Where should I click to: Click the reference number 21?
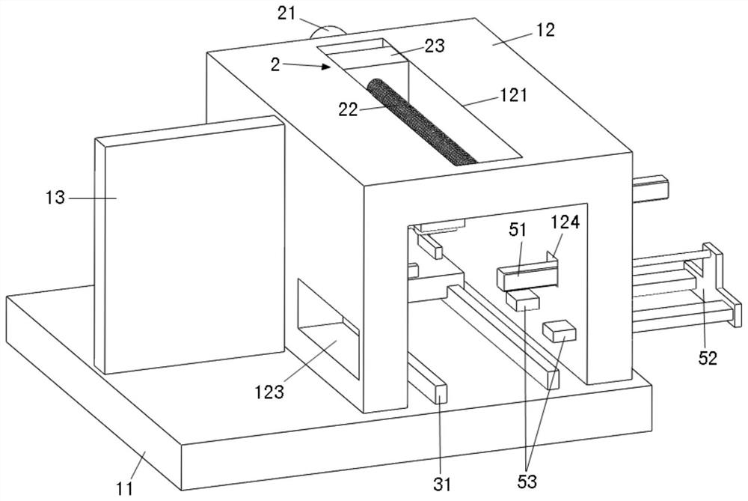click(x=286, y=13)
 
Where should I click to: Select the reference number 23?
click(x=434, y=46)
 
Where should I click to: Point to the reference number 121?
click(x=513, y=95)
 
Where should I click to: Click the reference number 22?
click(x=349, y=110)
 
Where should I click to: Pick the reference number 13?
click(x=55, y=197)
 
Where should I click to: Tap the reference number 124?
click(x=565, y=222)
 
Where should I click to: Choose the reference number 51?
click(x=518, y=230)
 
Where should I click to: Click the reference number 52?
click(x=708, y=358)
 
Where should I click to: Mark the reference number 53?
click(x=527, y=481)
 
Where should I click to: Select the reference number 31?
click(x=442, y=484)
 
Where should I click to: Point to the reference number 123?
click(x=269, y=392)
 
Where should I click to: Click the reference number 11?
click(x=124, y=488)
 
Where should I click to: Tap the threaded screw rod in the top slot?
click(x=422, y=123)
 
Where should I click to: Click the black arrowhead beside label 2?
click(x=326, y=67)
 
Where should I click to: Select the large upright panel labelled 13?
click(x=190, y=244)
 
